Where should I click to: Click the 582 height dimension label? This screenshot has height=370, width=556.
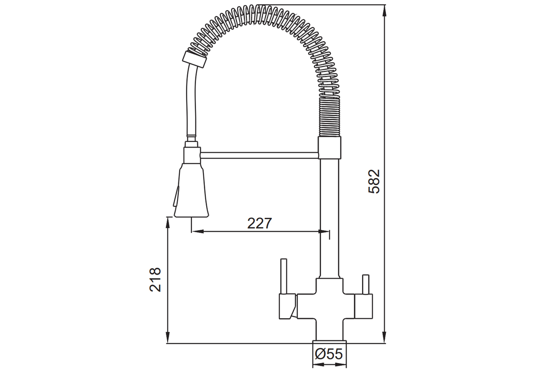point(374,181)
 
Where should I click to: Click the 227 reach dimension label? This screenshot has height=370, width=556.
point(259,223)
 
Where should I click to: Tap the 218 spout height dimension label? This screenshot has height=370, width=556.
point(155,280)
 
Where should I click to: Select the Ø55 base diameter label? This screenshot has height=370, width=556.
point(329,354)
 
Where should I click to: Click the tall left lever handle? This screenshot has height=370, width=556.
point(284,276)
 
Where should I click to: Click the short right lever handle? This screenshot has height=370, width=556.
point(366,284)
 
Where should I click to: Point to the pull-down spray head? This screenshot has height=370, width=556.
point(191,190)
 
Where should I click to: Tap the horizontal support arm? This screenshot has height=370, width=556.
point(259,155)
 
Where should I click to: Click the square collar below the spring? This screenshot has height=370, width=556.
point(329,148)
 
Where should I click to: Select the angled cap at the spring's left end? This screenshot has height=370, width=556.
point(194,60)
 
